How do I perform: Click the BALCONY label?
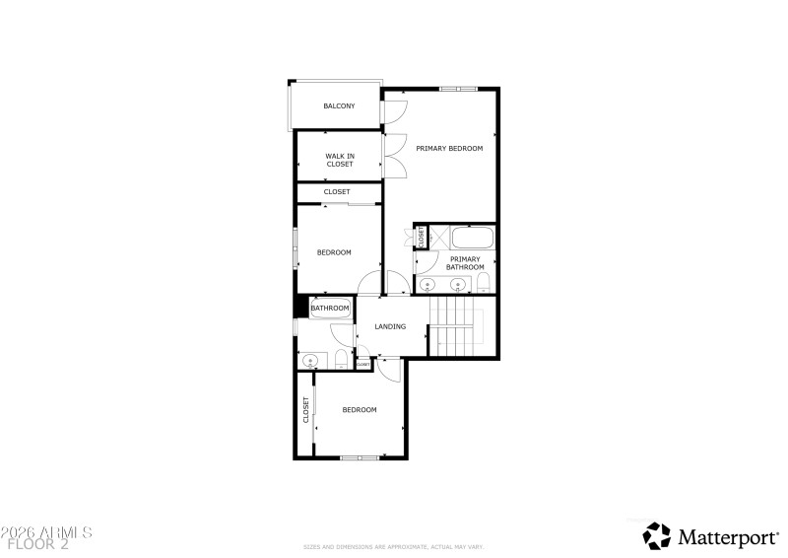[x=339, y=106]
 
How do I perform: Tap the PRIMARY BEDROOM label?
[x=449, y=149]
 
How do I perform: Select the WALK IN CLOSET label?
[x=339, y=160]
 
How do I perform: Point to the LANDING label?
[x=390, y=326]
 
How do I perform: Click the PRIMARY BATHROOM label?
[x=465, y=263]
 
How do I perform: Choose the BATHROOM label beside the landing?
[x=330, y=309]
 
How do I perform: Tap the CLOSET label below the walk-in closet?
[x=337, y=192]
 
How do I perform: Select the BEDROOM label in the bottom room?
[x=359, y=410]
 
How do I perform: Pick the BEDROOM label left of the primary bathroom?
[x=334, y=252]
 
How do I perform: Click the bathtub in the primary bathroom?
[x=474, y=238]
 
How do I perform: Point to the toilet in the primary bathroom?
[x=483, y=283]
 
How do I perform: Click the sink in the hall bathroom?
[x=309, y=360]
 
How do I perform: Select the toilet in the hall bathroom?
[x=338, y=360]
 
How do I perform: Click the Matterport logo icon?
[x=656, y=535]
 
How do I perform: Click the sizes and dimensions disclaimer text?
[x=394, y=546]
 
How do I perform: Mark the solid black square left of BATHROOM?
[x=301, y=307]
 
